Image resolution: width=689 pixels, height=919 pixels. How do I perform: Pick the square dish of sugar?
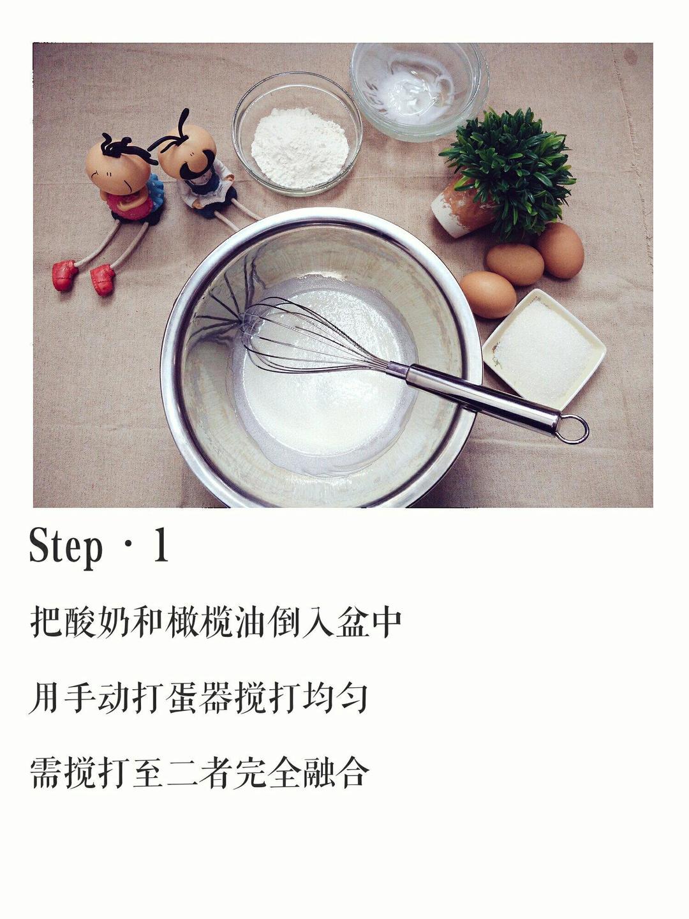tap(544, 348)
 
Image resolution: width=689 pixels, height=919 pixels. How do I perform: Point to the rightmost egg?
tap(560, 250)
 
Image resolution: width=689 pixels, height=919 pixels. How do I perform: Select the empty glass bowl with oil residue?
tap(419, 89)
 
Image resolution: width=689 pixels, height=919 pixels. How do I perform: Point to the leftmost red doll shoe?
tap(64, 275)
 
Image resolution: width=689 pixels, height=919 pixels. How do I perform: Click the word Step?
tap(66, 548)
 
